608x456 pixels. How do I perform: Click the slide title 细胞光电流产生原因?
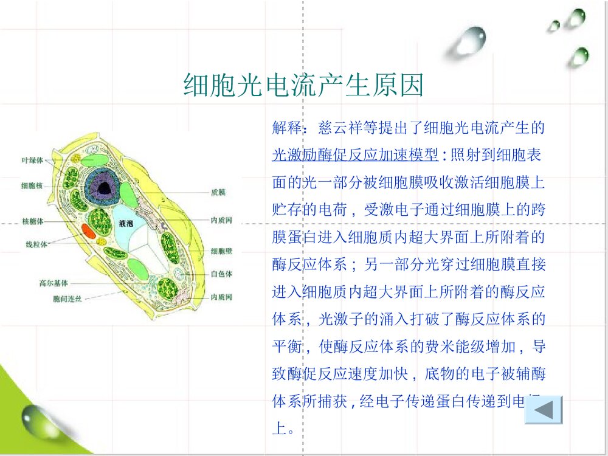coord(303,86)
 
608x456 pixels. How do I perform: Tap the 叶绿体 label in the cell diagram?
coord(32,160)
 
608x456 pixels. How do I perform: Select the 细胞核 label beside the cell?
coord(32,185)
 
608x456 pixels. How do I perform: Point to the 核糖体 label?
coord(32,221)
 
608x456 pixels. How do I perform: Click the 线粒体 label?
coord(36,244)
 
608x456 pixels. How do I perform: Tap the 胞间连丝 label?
coord(66,299)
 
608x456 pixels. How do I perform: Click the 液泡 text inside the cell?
coord(126,224)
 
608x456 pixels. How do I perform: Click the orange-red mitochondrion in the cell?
coord(89,230)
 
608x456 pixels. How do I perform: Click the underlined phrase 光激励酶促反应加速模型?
coord(355,155)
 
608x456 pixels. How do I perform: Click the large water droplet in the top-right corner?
coord(469,40)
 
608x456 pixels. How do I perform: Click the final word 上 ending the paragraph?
coord(278,429)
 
